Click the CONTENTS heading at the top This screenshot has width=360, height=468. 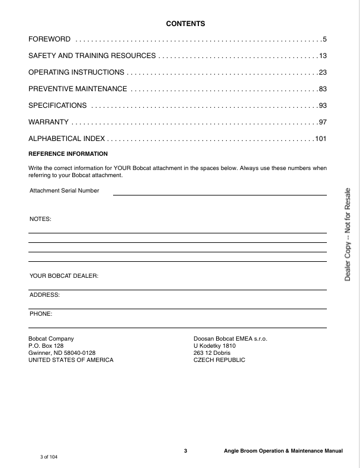click(x=185, y=24)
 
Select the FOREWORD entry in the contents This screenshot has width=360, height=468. click(x=50, y=40)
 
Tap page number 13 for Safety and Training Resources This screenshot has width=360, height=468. click(x=323, y=56)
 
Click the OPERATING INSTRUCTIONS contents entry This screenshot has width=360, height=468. click(x=76, y=72)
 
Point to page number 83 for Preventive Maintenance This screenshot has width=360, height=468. click(x=323, y=89)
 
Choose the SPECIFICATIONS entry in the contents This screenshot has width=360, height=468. click(x=57, y=105)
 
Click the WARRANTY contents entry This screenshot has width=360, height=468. click(x=48, y=122)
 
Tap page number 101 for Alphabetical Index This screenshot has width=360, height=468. click(x=321, y=139)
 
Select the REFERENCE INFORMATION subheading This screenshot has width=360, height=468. click(x=60, y=153)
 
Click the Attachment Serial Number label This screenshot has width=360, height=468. click(x=64, y=191)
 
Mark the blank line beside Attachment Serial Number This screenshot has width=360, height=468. click(x=220, y=194)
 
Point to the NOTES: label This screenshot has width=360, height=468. click(x=40, y=219)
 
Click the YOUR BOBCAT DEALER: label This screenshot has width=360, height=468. click(x=63, y=276)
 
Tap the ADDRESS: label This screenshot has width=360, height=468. click(x=44, y=294)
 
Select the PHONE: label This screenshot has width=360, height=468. click(x=41, y=313)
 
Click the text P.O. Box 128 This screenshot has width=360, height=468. click(x=46, y=345)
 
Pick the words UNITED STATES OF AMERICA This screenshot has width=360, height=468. click(x=71, y=360)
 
